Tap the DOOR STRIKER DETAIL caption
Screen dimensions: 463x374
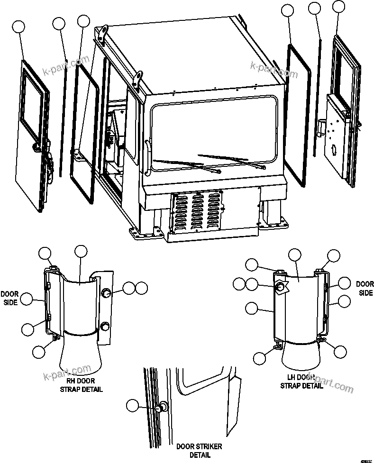199,450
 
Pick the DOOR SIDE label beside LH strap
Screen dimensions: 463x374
365,289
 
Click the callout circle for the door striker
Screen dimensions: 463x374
133,405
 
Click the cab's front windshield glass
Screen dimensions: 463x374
213,133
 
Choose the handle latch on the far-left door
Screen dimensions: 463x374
36,147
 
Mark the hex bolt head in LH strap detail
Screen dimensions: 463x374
281,287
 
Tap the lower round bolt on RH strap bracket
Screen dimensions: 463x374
105,326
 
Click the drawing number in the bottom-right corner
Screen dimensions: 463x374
365,459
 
